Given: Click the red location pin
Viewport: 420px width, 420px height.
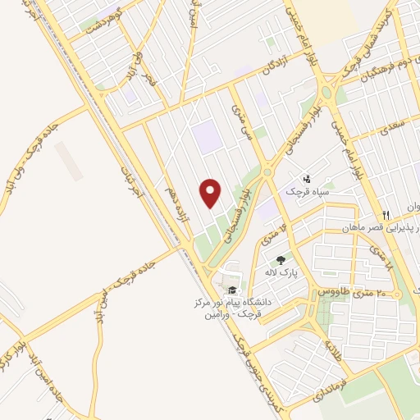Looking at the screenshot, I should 211,193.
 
